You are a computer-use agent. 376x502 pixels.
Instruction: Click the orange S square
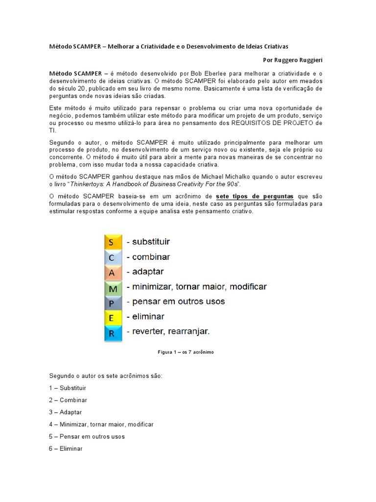[112, 242]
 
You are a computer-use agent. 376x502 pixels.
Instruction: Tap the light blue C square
[112, 257]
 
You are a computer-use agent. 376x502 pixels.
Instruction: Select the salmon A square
[112, 272]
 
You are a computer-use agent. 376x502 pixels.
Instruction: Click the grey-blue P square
[112, 302]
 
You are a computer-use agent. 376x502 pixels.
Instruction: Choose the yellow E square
[112, 317]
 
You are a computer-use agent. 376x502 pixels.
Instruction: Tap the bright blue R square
[112, 333]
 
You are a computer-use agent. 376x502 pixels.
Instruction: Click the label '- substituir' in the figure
[148, 242]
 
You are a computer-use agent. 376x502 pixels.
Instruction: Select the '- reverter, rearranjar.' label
[168, 332]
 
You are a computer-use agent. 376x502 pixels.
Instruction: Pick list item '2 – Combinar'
[68, 400]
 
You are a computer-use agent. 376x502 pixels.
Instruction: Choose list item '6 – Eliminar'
[66, 449]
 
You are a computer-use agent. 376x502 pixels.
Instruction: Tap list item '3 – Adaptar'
[66, 412]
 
